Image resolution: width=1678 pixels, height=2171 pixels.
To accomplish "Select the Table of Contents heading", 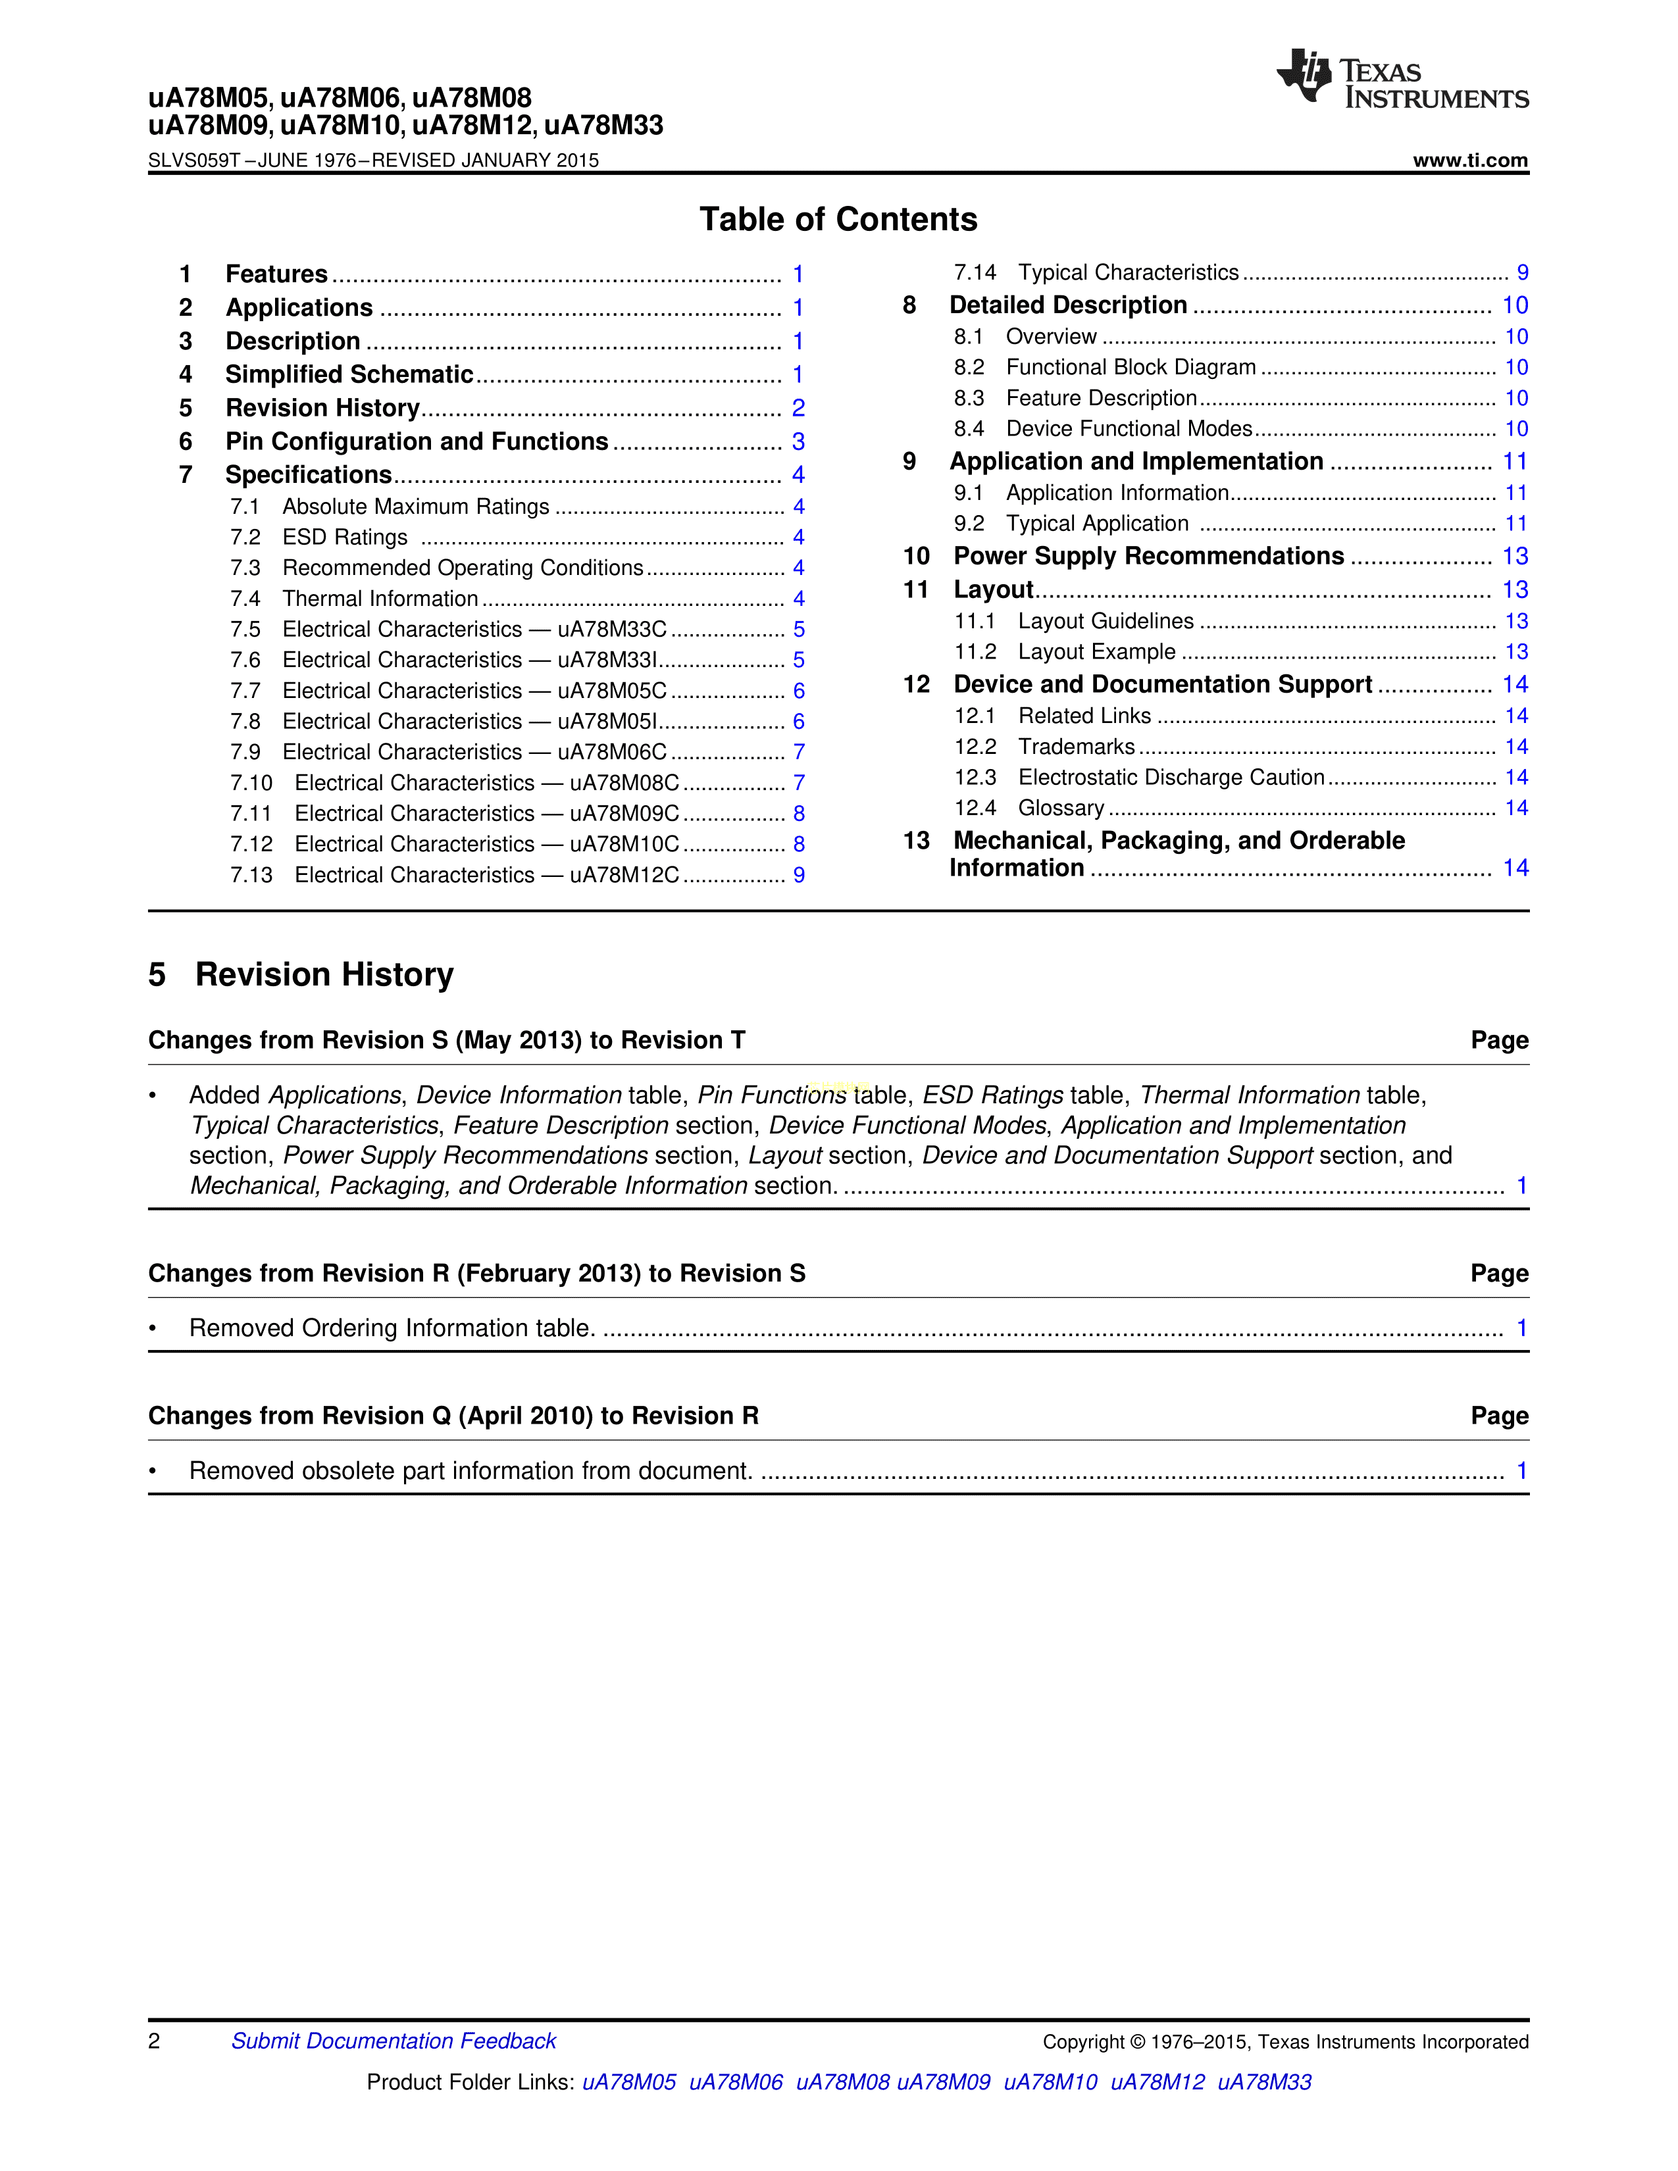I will click(x=838, y=220).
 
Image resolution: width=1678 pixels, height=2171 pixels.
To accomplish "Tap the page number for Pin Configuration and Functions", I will click(x=798, y=441).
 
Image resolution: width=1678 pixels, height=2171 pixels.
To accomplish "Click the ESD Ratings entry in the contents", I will click(x=345, y=537).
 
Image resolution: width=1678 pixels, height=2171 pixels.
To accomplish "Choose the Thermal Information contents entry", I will click(x=380, y=599).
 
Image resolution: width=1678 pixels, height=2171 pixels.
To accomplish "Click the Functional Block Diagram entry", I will click(x=1131, y=368).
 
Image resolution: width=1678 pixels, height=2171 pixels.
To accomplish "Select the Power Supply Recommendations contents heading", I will click(x=1148, y=557).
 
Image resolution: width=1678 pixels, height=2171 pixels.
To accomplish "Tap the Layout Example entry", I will click(x=1096, y=652).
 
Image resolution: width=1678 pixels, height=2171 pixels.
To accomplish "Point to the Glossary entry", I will click(x=1061, y=808).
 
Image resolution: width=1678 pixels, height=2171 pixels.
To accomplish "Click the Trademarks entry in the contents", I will click(x=1076, y=747).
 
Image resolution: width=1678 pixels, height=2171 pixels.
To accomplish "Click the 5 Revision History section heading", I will click(x=301, y=974).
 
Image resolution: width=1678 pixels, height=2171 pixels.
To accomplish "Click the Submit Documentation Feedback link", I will click(x=394, y=2041).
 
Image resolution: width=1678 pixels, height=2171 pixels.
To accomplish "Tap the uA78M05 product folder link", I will click(x=628, y=2082).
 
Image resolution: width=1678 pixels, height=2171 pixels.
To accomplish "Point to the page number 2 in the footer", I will click(x=154, y=2041).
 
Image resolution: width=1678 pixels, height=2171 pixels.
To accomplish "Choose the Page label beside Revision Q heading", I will click(x=1499, y=1416).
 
